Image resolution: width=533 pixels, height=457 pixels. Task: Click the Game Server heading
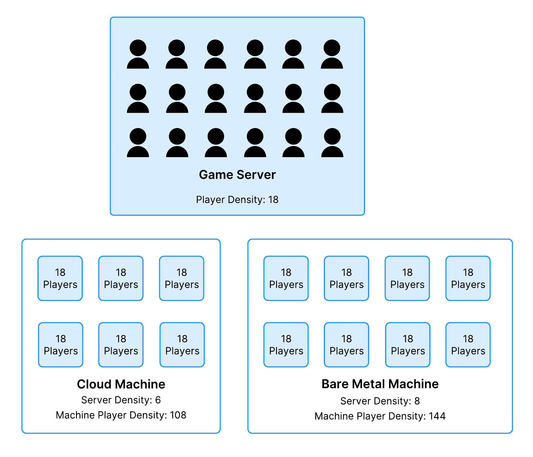point(237,175)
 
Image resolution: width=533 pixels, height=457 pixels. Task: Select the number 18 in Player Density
point(273,200)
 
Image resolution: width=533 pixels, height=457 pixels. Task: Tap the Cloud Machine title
point(121,384)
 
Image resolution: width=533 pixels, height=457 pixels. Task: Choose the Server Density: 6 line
point(121,400)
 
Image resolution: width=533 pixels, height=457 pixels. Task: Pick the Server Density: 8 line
point(380,401)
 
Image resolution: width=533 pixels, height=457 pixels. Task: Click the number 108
point(178,415)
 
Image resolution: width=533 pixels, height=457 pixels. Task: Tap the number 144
point(437,416)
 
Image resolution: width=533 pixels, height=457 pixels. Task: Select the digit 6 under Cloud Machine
point(158,400)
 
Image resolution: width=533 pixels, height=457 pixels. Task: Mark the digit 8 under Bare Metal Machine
point(417,401)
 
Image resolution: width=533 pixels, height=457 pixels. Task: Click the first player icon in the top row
point(138,54)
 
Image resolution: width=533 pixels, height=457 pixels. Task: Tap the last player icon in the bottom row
point(332,143)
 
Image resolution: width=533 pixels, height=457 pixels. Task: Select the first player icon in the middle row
point(138,99)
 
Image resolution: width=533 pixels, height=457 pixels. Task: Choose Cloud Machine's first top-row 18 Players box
point(60,278)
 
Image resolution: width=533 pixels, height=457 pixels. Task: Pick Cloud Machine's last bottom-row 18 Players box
point(182,345)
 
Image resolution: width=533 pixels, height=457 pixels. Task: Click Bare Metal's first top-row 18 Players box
point(286,278)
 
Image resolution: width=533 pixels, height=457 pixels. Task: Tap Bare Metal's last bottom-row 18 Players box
point(468,345)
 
